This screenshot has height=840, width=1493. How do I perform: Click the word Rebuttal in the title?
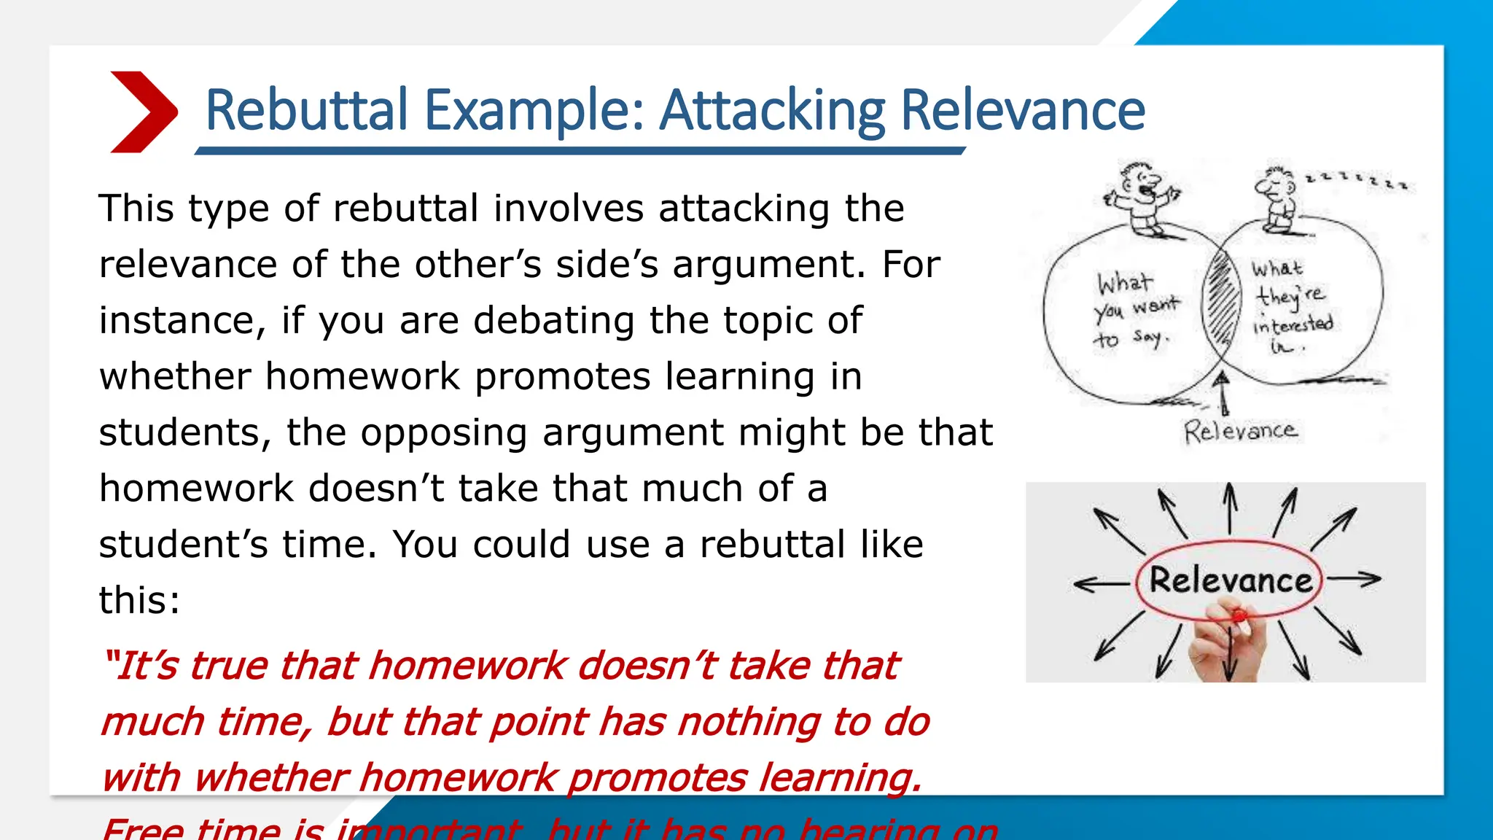[306, 110]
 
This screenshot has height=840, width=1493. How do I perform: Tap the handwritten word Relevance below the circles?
[1240, 431]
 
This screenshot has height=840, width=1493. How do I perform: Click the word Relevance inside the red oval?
[1231, 581]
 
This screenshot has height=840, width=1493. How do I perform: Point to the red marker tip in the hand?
[1238, 617]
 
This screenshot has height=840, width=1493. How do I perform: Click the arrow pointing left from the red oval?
[1101, 583]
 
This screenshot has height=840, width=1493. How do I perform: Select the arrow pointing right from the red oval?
[1354, 580]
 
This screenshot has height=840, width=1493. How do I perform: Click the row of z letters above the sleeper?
[1360, 180]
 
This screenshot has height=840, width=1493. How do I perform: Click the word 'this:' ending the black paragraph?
[139, 601]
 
